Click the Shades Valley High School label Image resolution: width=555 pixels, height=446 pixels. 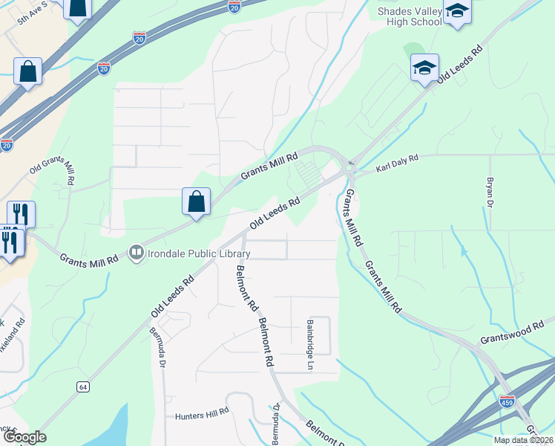410,17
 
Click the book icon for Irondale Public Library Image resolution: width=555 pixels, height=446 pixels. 137,253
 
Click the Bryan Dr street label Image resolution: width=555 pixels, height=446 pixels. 490,192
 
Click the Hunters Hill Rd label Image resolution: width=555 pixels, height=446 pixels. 202,416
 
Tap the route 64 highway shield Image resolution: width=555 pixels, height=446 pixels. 83,387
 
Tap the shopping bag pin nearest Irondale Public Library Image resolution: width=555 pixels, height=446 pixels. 196,201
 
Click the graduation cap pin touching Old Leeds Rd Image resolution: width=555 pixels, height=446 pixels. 425,68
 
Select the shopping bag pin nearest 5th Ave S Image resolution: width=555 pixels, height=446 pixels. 77,9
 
